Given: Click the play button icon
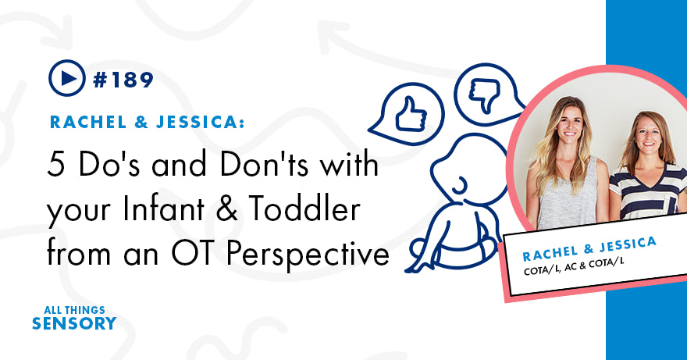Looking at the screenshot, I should click(x=66, y=78).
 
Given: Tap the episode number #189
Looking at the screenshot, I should click(x=123, y=79).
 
